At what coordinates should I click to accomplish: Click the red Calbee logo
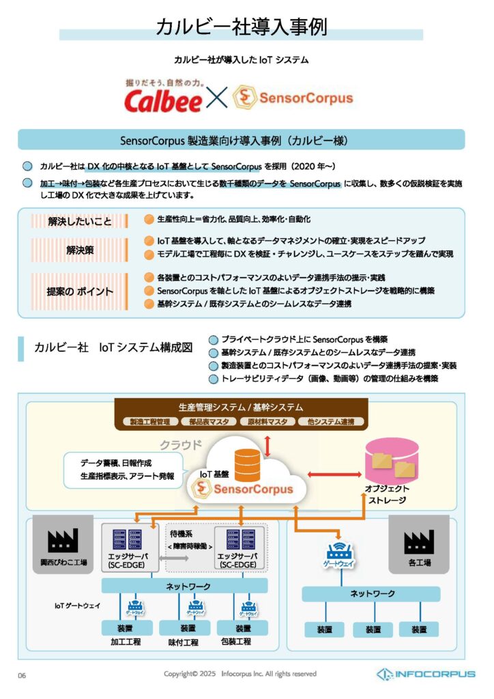tap(162, 100)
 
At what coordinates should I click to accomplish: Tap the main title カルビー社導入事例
tap(242, 27)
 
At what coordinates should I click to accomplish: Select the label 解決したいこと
tap(80, 221)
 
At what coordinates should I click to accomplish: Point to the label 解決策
tap(80, 250)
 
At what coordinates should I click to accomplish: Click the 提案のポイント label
tap(80, 291)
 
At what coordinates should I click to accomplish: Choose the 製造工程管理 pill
tap(149, 421)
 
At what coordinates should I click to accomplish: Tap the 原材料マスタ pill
tap(267, 421)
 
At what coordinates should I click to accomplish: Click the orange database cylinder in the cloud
tap(247, 463)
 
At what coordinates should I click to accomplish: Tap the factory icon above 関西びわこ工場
tap(67, 541)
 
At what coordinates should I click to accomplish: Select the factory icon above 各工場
tap(418, 541)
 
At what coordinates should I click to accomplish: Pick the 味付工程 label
tap(184, 642)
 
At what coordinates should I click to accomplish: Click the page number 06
tap(22, 676)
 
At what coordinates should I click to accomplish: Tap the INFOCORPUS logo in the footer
tap(426, 674)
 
